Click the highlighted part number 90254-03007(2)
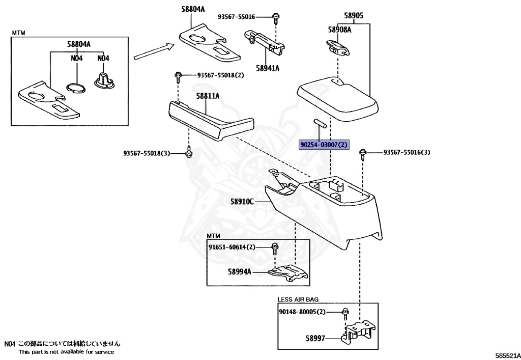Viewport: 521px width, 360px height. pos(324,145)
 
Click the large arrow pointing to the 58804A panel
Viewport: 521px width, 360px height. pos(153,51)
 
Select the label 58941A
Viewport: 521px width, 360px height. pos(268,68)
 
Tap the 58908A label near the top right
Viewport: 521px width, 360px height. pos(339,30)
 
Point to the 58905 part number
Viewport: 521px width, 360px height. pos(354,16)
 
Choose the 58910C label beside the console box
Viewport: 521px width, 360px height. pos(242,202)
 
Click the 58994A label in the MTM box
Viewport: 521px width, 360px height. pos(240,272)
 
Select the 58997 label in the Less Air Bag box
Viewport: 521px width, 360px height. pos(316,338)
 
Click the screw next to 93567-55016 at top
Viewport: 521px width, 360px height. pos(275,18)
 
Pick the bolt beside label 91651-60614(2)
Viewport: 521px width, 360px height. pos(275,248)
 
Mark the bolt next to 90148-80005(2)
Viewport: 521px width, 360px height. pos(345,312)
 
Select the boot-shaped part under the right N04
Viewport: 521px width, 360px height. pos(104,81)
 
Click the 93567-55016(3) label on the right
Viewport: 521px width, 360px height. pos(407,152)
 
